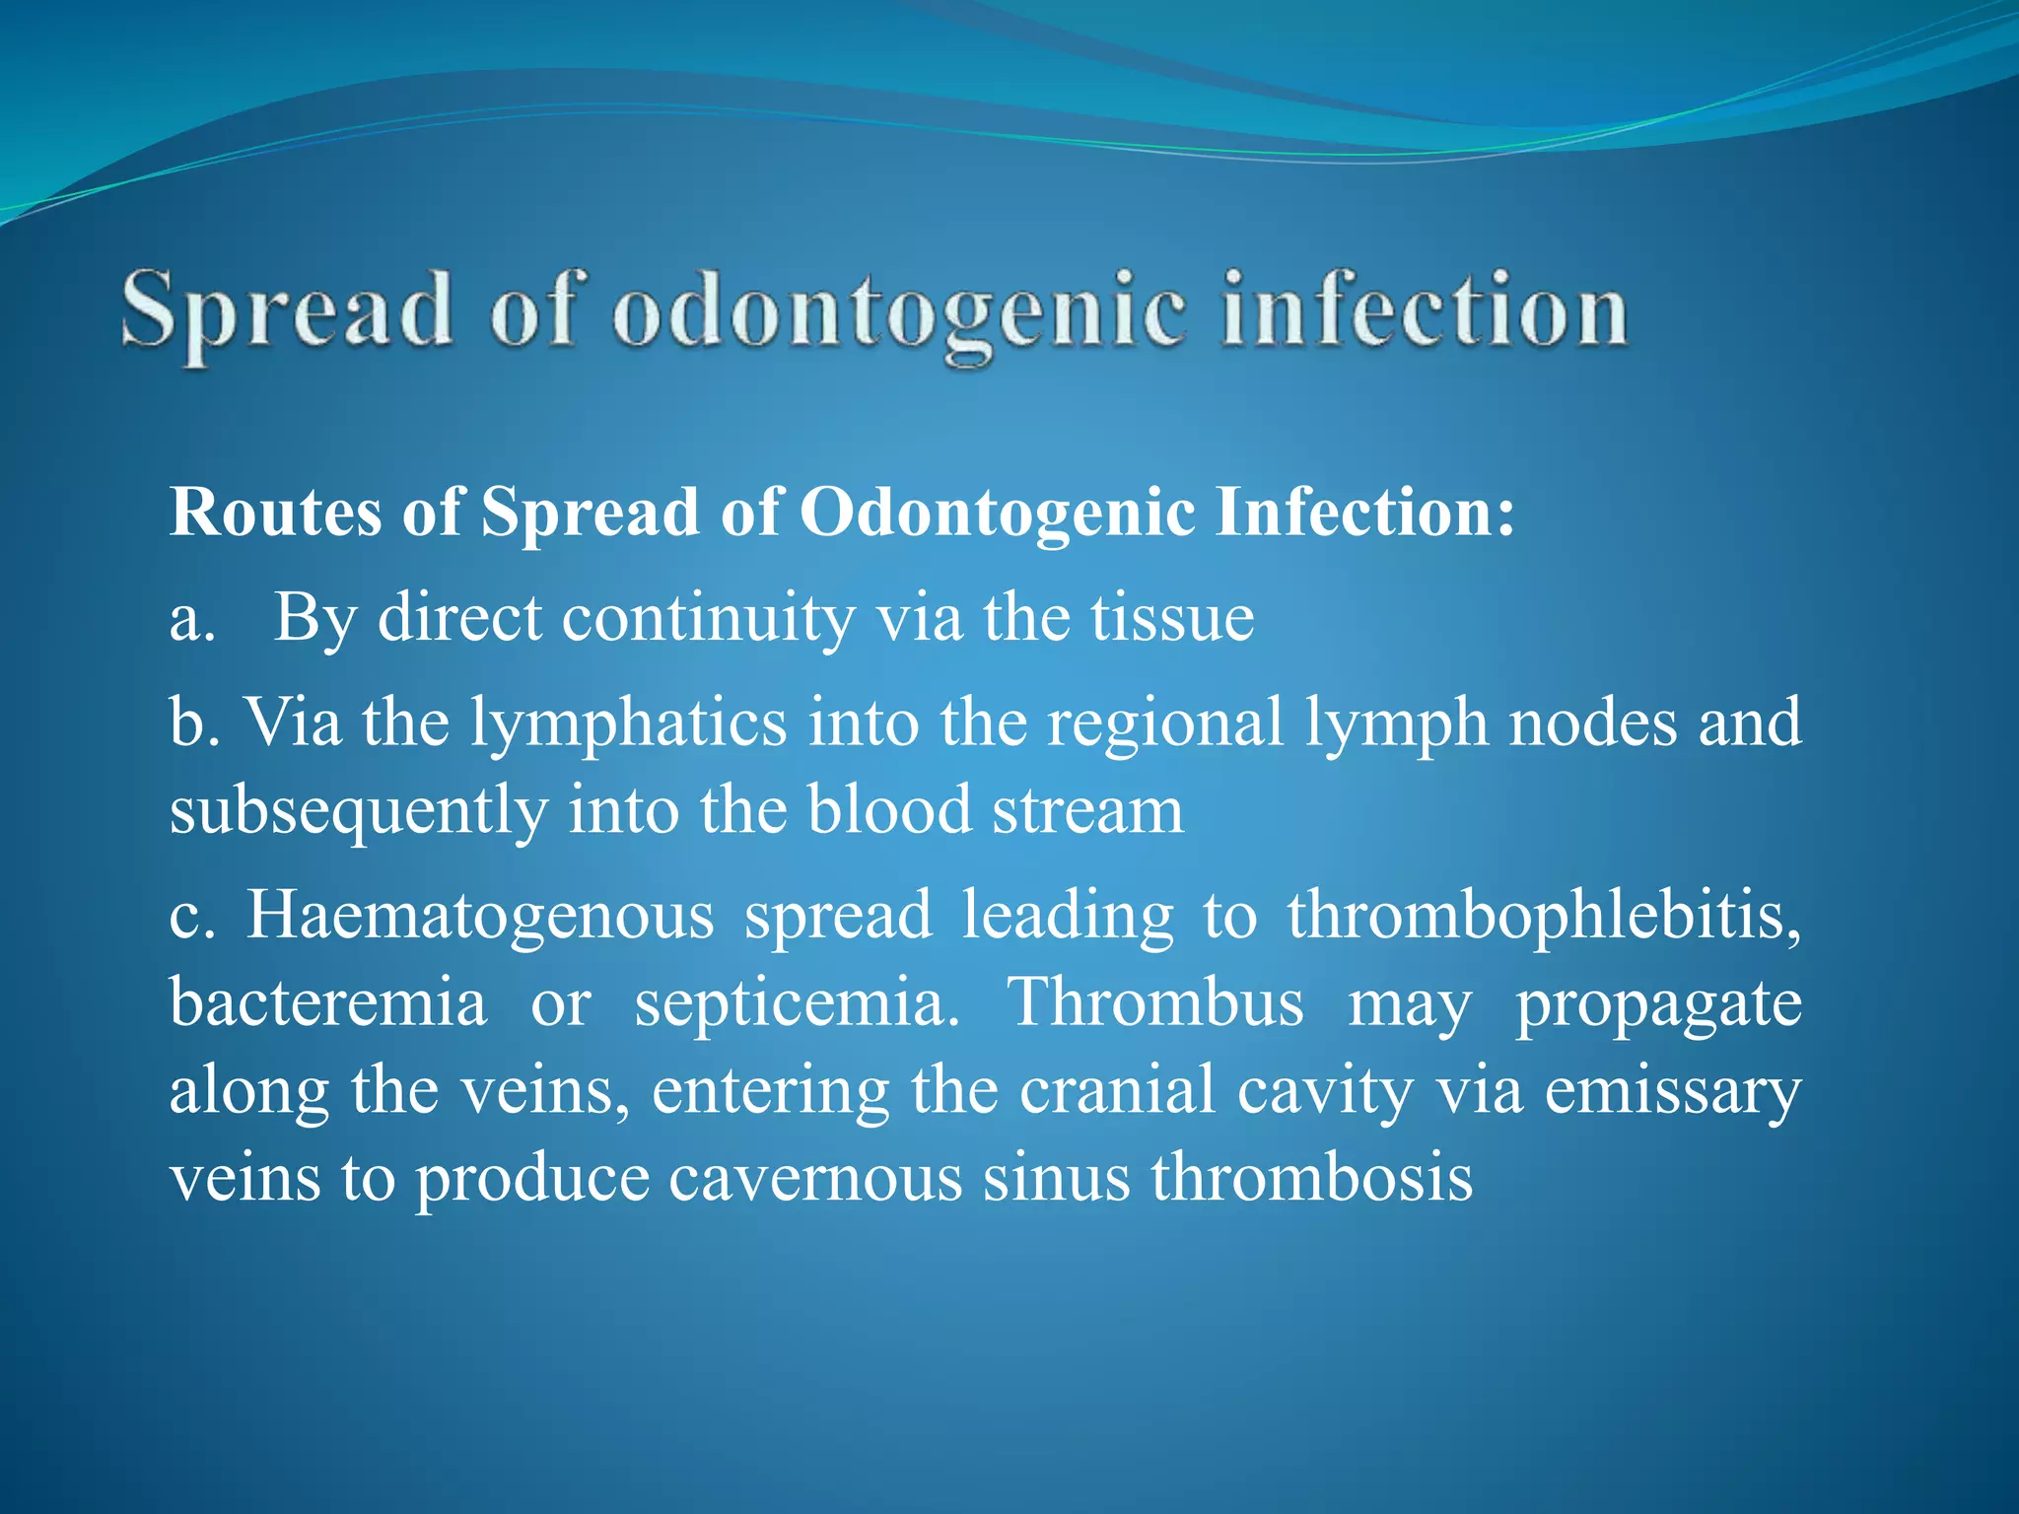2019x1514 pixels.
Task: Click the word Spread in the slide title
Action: click(287, 312)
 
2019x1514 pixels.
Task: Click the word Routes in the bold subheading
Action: click(275, 513)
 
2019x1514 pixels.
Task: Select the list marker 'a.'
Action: click(192, 620)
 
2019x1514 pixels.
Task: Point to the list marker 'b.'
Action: click(193, 723)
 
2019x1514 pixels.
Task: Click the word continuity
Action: click(708, 620)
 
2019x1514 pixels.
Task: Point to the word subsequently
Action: click(358, 811)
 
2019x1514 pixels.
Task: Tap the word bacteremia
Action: click(328, 1003)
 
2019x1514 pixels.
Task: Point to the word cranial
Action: click(1117, 1091)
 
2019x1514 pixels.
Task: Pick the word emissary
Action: click(1672, 1093)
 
